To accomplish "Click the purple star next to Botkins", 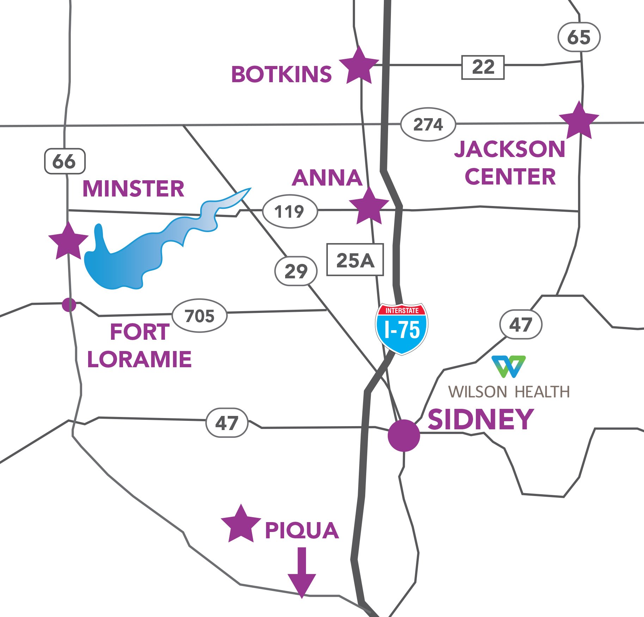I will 359,67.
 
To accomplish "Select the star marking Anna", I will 369,207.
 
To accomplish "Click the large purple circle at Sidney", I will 404,435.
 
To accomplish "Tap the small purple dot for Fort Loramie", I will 69,304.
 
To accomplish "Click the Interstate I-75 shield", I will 401,328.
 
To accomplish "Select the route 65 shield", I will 579,37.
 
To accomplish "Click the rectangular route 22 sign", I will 483,67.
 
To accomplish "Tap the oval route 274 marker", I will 428,125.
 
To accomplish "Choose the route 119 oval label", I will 289,212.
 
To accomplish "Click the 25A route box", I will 355,260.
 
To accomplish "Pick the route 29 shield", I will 296,271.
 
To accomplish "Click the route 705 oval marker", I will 200,315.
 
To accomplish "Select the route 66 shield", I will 65,161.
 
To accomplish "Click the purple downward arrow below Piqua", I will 302,571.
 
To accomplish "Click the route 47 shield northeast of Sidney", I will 521,324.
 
